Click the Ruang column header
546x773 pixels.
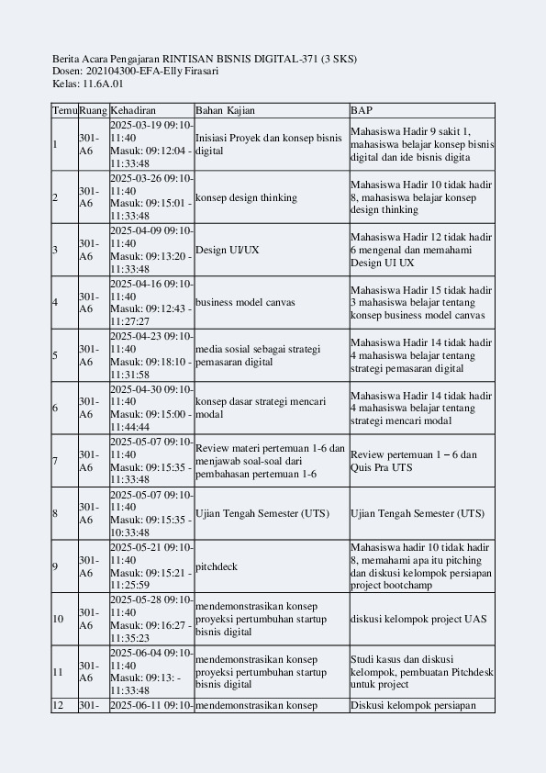coord(93,110)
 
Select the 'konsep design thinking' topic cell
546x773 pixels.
coord(247,197)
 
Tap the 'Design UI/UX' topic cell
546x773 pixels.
coord(228,250)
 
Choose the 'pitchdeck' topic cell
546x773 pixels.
coord(217,566)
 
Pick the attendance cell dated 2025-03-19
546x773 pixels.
coord(151,144)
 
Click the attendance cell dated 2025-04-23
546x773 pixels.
coord(151,355)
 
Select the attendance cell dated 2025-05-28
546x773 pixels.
coord(151,619)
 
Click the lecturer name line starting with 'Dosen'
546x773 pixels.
coord(135,71)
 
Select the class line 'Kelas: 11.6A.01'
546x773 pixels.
coord(88,84)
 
